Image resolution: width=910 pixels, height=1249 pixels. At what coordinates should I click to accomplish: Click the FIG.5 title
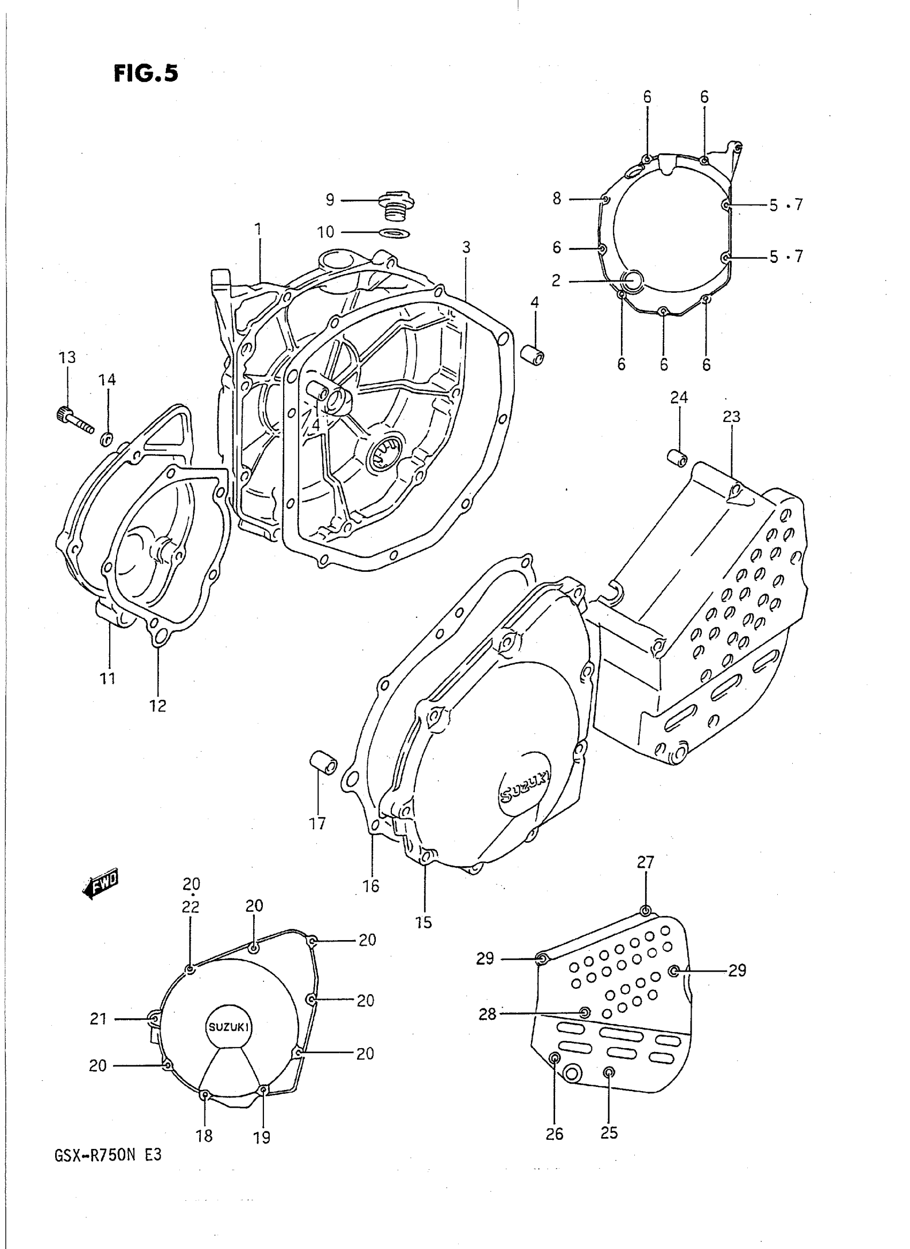click(x=146, y=73)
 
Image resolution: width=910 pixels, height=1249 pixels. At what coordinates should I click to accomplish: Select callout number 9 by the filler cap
click(x=329, y=200)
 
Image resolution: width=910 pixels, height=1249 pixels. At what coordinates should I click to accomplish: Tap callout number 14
click(x=108, y=380)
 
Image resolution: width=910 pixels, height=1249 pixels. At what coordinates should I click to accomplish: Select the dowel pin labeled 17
click(x=323, y=762)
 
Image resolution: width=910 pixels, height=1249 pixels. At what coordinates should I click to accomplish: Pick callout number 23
click(x=732, y=417)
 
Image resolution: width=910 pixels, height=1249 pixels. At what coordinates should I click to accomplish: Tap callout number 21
click(x=98, y=1019)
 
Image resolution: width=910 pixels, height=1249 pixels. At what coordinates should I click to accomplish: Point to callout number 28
click(x=488, y=1014)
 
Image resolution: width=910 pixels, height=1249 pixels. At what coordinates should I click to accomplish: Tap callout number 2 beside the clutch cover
click(x=556, y=281)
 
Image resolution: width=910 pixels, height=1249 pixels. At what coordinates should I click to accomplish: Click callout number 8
click(x=557, y=198)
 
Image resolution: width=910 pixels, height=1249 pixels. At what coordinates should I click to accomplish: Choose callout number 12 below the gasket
click(x=158, y=706)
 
